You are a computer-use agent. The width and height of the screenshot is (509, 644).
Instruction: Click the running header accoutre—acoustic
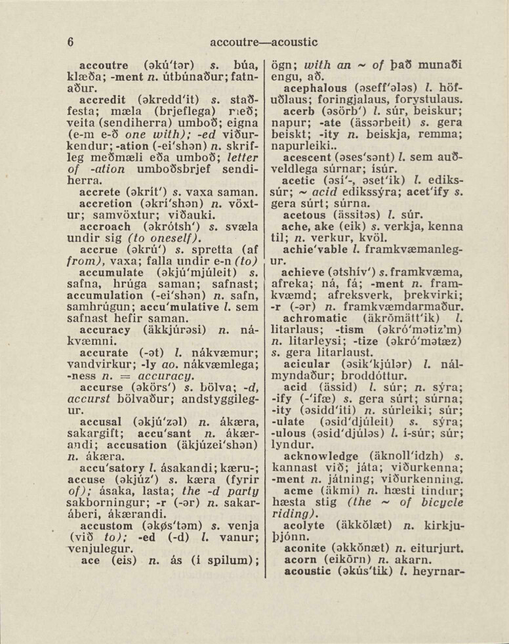[x=264, y=42]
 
